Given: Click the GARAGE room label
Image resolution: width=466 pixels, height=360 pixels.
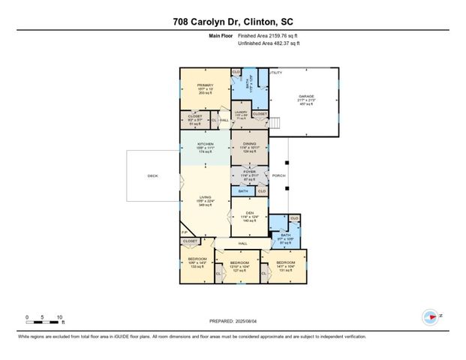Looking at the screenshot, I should tap(305, 97).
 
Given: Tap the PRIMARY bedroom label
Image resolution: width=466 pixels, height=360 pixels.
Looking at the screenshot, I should tap(206, 85).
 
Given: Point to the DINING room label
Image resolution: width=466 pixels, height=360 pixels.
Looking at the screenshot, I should tap(249, 144).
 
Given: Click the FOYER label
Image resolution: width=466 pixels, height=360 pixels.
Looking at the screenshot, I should tap(249, 172).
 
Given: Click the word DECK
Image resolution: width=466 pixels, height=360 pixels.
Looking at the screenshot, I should tap(152, 176).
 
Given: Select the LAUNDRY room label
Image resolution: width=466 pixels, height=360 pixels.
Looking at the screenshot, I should tap(242, 112).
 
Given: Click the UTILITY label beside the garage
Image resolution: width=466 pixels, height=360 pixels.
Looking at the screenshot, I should tap(275, 72).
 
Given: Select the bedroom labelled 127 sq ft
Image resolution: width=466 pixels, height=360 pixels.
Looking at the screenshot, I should tap(239, 265).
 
